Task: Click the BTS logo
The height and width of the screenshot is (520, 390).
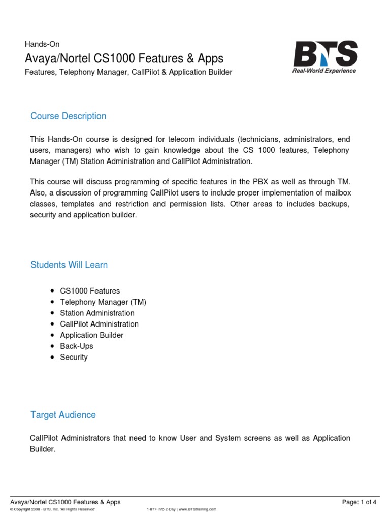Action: point(325,53)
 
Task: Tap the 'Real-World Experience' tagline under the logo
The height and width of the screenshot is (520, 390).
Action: point(324,71)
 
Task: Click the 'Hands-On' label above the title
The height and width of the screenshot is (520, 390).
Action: point(42,44)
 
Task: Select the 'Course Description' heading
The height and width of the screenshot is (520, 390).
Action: point(68,116)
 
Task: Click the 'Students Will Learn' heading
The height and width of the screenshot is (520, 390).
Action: point(69,265)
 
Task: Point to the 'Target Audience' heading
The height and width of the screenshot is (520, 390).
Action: point(63,414)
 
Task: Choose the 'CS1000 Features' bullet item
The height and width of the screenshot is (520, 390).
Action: point(90,291)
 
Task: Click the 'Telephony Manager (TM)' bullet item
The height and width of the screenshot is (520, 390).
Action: point(103,302)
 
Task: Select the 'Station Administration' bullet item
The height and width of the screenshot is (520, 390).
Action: point(97,313)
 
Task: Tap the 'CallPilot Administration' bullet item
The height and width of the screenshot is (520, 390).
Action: point(99,324)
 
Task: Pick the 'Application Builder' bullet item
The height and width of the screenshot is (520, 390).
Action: point(91,335)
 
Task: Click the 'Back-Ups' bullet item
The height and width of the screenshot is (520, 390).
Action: point(76,346)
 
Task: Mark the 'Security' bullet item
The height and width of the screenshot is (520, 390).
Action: point(74,357)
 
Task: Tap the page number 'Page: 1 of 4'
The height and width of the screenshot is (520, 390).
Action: point(360,502)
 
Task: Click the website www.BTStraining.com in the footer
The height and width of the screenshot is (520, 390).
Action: point(198,509)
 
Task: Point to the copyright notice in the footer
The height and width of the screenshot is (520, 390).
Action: point(53,509)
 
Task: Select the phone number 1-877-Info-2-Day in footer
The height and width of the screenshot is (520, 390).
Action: point(159,509)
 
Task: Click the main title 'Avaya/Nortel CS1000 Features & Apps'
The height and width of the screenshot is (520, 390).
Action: point(124,58)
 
